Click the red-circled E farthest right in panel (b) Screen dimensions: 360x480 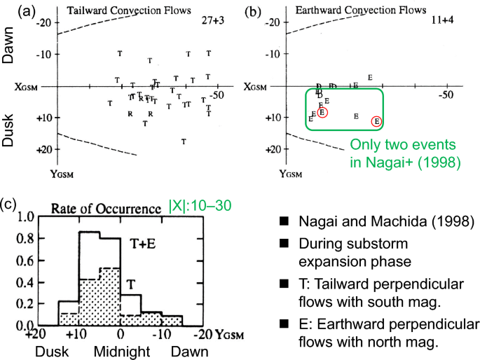click(x=376, y=121)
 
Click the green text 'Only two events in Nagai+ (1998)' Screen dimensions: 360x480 click(x=406, y=153)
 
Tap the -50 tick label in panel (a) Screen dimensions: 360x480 click(x=219, y=95)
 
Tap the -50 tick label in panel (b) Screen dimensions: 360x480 click(x=446, y=95)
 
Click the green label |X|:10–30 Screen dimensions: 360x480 click(x=200, y=207)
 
